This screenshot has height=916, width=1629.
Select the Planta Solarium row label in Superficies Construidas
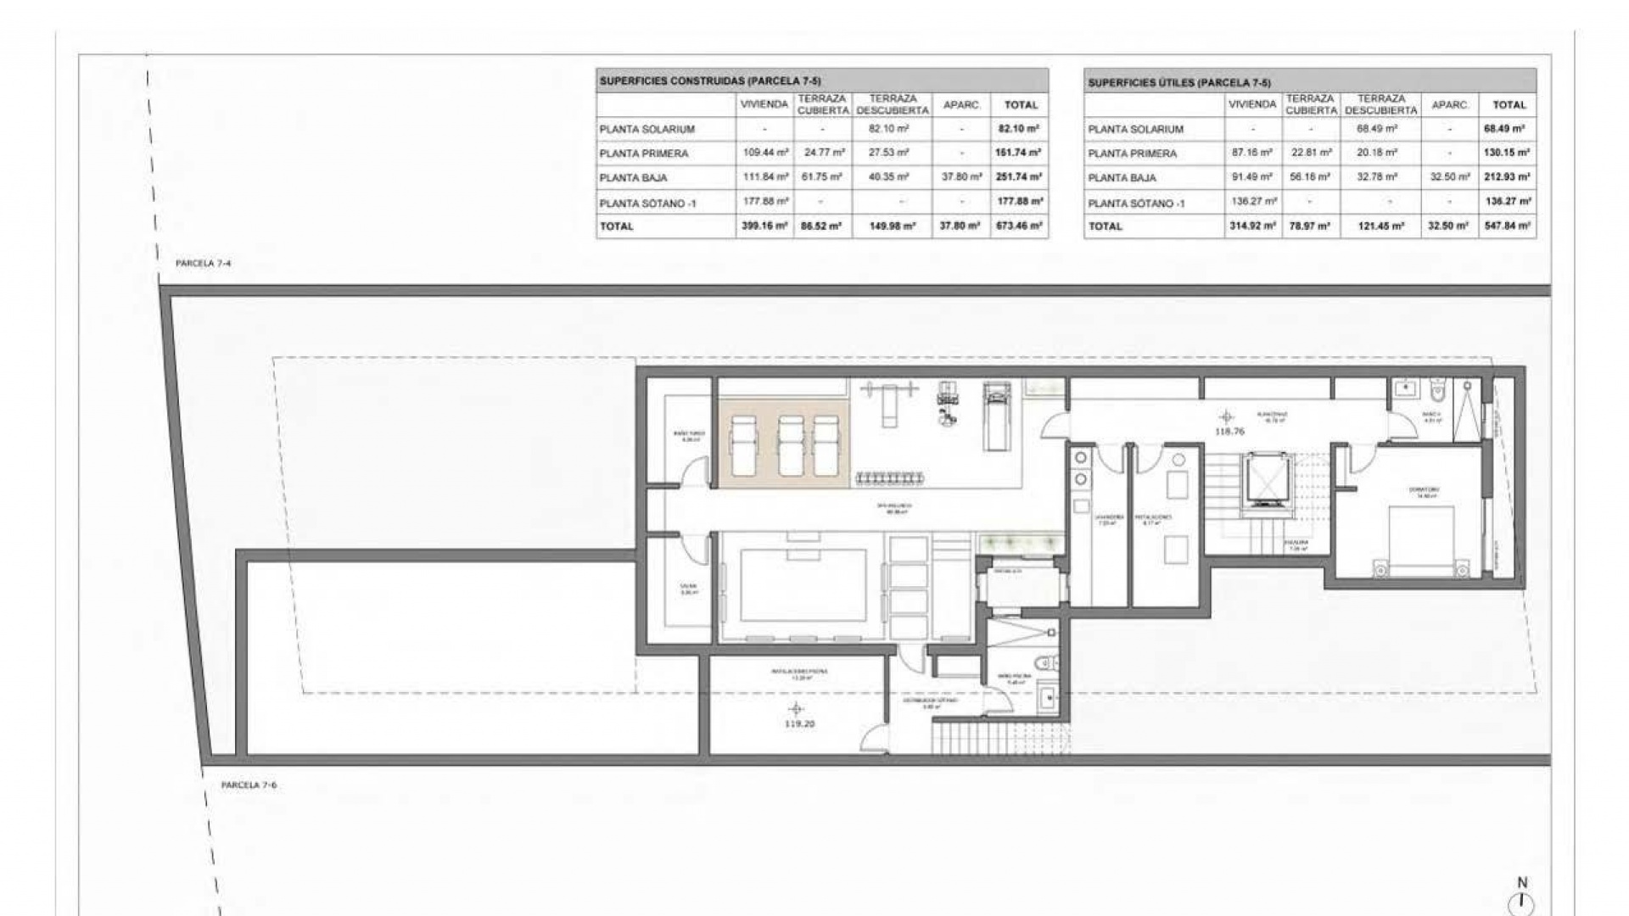(x=647, y=130)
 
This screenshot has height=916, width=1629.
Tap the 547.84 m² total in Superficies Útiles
(x=1508, y=226)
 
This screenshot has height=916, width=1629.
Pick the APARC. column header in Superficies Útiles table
(x=1450, y=105)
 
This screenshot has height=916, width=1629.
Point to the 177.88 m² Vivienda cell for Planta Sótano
(x=764, y=202)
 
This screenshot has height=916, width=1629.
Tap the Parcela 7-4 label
(x=203, y=264)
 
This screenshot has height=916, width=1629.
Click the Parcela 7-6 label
(x=249, y=785)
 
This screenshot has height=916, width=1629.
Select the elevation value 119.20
(x=799, y=724)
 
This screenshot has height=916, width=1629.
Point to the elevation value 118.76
(x=1229, y=432)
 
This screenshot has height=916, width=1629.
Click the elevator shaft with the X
(x=1268, y=481)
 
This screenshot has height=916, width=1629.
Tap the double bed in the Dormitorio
(x=1421, y=543)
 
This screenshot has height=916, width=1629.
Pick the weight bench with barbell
(x=888, y=403)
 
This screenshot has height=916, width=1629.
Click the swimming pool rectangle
(x=803, y=584)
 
